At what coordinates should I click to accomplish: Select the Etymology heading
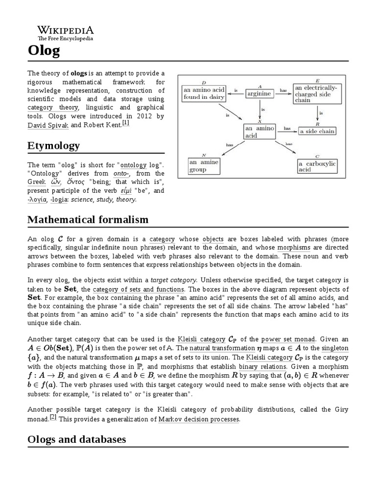53,146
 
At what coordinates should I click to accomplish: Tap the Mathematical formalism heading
88,219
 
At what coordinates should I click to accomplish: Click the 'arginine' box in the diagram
259,93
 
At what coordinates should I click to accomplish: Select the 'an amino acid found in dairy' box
204,93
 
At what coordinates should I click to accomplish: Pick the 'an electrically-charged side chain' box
317,93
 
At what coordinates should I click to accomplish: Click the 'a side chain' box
317,131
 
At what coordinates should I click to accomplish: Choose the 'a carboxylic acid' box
317,166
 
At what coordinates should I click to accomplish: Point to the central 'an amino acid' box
259,131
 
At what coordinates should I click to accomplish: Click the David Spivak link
48,125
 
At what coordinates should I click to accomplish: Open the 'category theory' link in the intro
53,108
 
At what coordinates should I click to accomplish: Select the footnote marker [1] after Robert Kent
126,123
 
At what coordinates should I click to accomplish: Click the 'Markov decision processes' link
199,420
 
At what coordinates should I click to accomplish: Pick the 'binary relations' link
262,366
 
